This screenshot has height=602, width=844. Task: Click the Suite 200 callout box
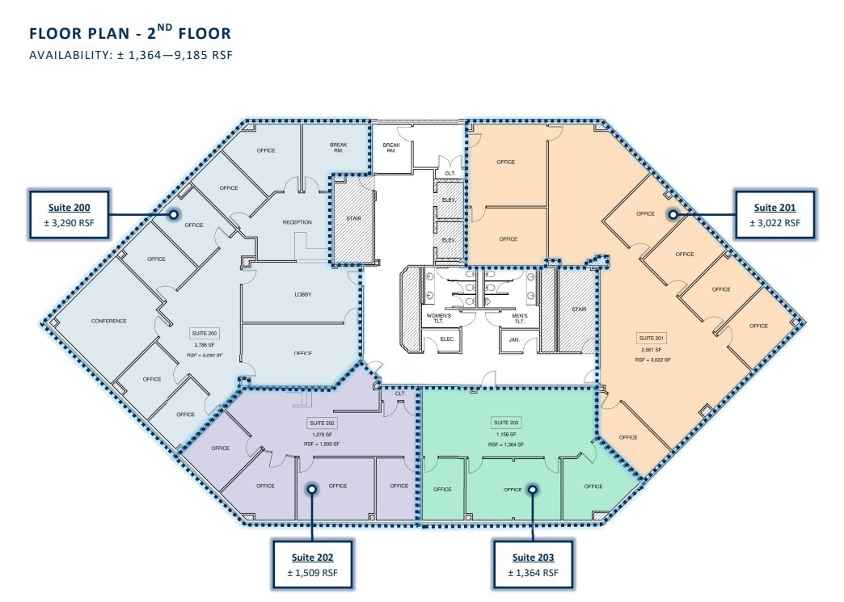[69, 215]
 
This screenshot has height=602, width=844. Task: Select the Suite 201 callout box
[774, 214]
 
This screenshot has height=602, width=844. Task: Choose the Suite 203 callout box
[533, 565]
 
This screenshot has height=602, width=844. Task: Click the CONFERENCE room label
[108, 321]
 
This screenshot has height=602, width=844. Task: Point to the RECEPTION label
[297, 222]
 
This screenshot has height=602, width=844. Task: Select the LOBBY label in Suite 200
[302, 294]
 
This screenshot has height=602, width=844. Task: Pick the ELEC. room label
[447, 341]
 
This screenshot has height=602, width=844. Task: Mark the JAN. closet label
[513, 341]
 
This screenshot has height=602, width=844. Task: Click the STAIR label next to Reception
[352, 217]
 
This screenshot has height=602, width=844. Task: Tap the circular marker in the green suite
[533, 488]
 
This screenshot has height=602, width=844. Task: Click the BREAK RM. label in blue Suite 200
[338, 149]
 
